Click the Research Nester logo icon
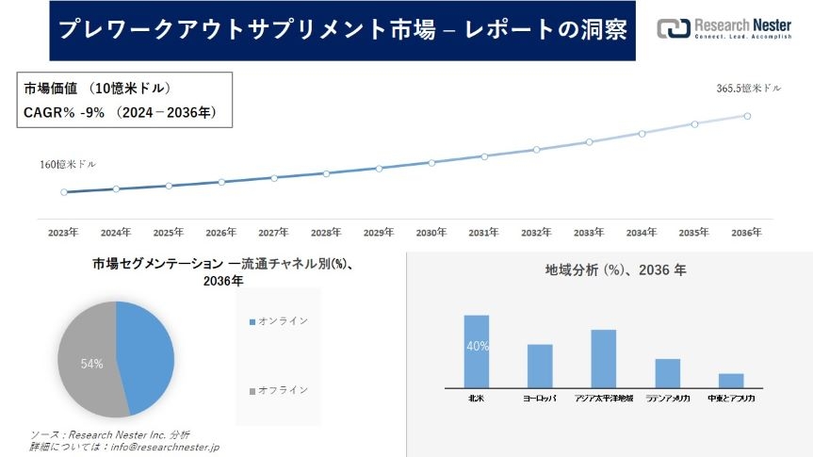pyautogui.click(x=674, y=28)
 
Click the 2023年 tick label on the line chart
pyautogui.click(x=63, y=232)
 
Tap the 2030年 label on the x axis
pyautogui.click(x=431, y=232)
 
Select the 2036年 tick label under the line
pyautogui.click(x=746, y=232)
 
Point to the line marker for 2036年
pyautogui.click(x=747, y=116)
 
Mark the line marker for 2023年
pyautogui.click(x=64, y=192)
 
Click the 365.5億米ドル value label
pyautogui.click(x=749, y=89)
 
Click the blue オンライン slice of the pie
pyautogui.click(x=146, y=353)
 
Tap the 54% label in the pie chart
pyautogui.click(x=91, y=364)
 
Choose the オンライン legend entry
pyautogui.click(x=283, y=321)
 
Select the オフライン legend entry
pyautogui.click(x=283, y=390)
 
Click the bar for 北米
pyautogui.click(x=477, y=351)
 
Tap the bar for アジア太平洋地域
pyautogui.click(x=603, y=358)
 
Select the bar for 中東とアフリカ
pyautogui.click(x=731, y=380)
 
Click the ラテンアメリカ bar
pyautogui.click(x=667, y=372)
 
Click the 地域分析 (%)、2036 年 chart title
pyautogui.click(x=615, y=270)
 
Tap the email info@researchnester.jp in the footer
pyautogui.click(x=165, y=447)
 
